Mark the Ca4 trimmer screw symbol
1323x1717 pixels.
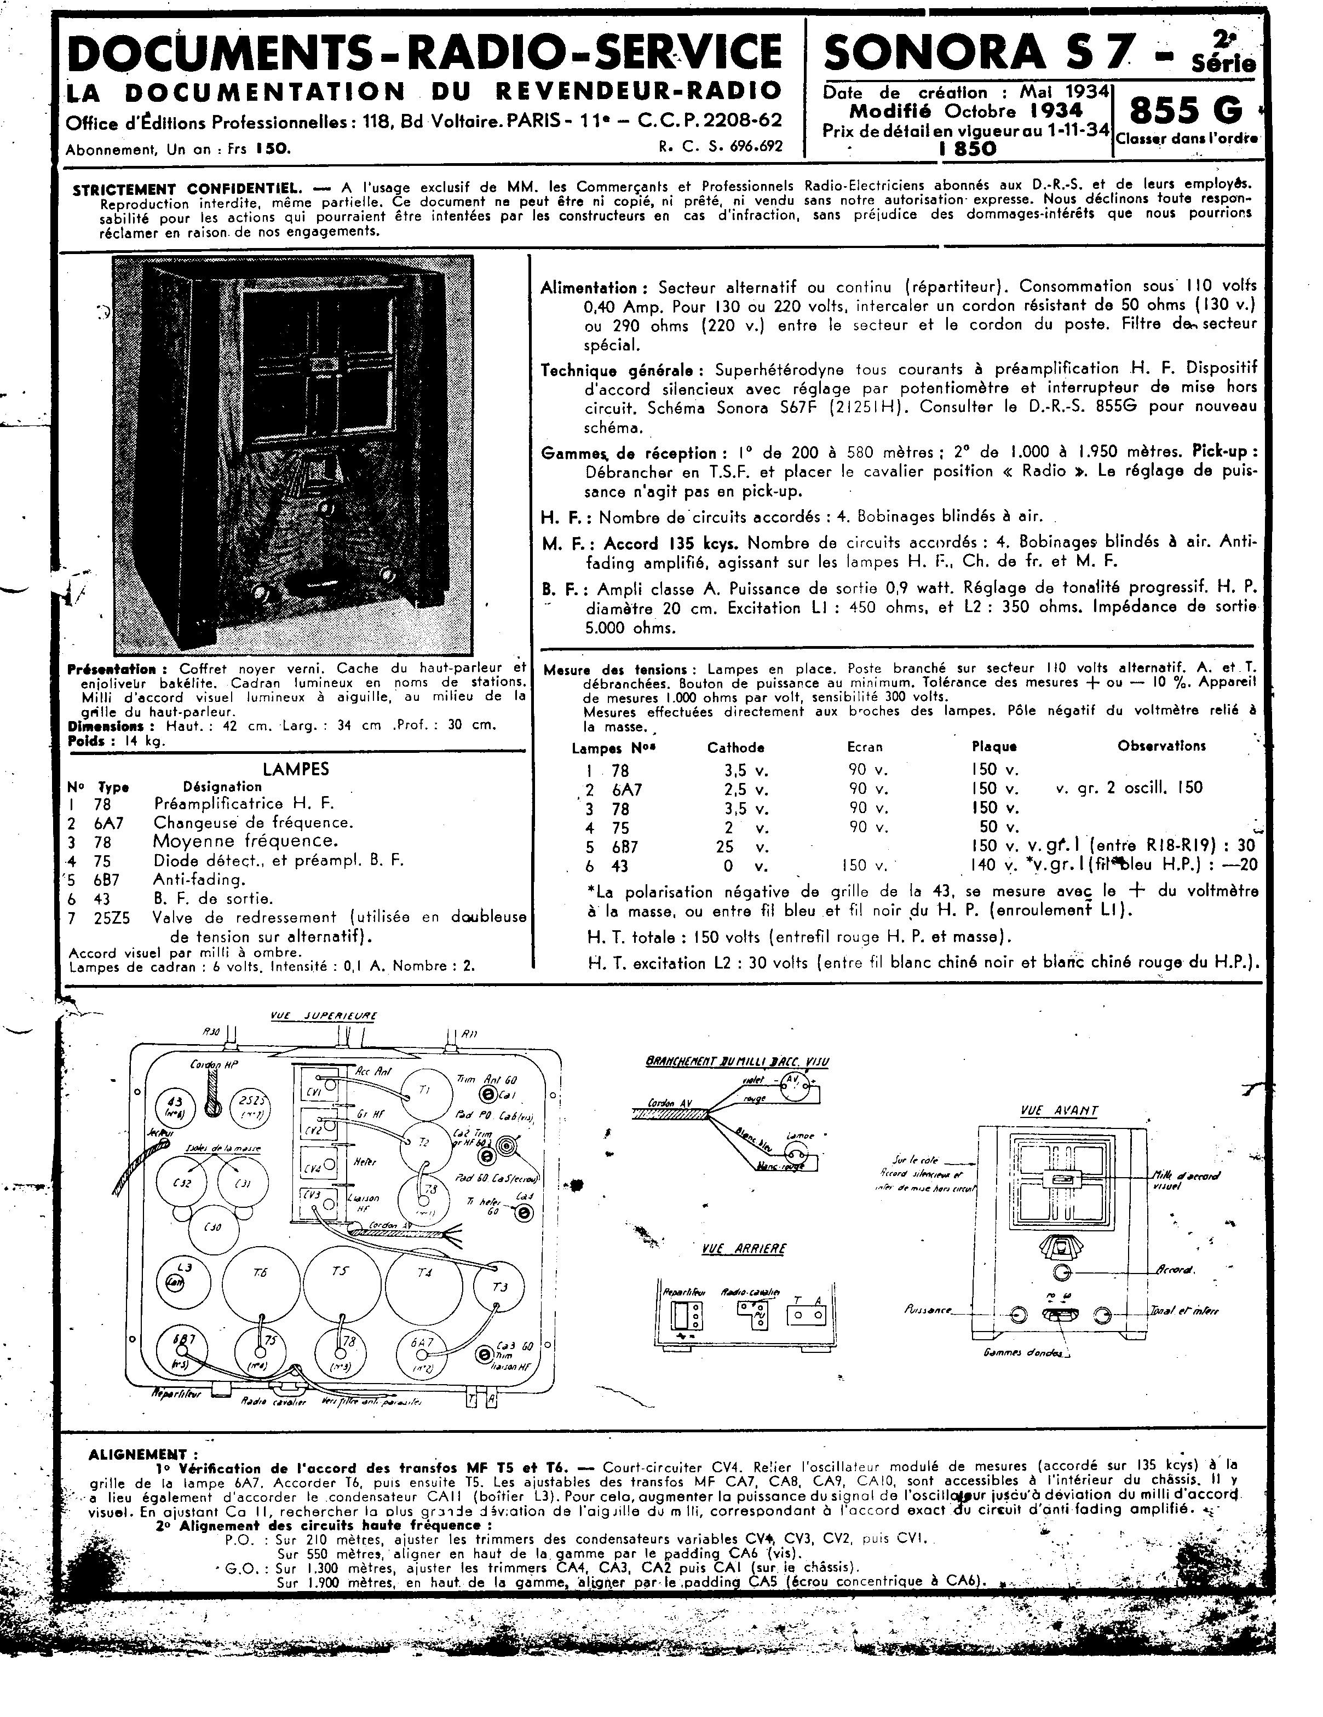click(x=521, y=1214)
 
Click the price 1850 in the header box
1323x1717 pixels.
click(x=967, y=149)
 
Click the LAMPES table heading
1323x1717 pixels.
click(x=296, y=769)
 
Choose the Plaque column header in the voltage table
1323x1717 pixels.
click(x=994, y=747)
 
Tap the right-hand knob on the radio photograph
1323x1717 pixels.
click(x=387, y=575)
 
